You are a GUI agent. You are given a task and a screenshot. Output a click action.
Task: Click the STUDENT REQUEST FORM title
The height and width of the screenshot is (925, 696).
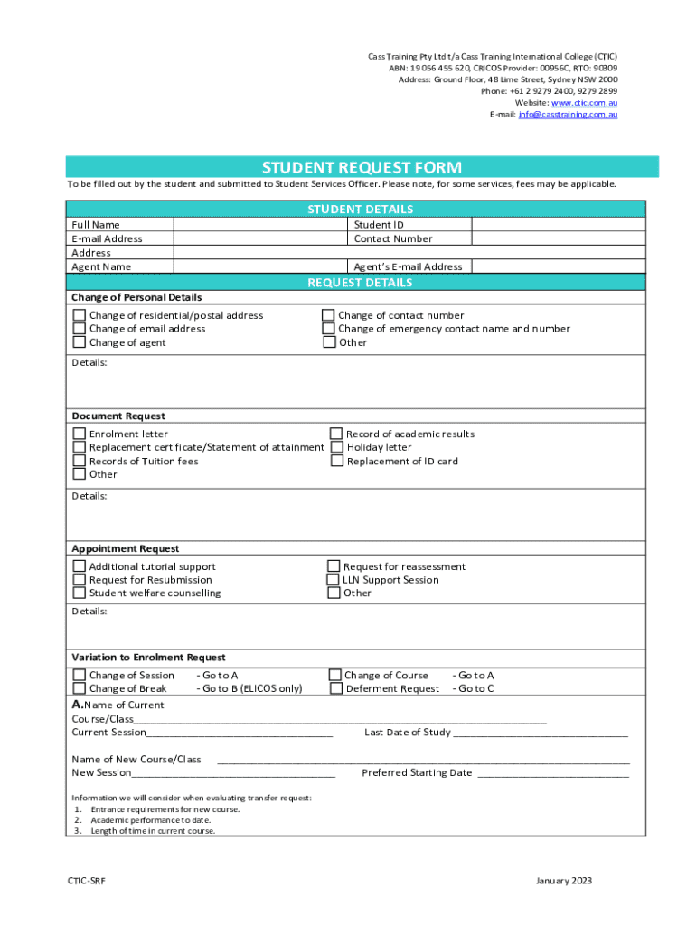pos(362,167)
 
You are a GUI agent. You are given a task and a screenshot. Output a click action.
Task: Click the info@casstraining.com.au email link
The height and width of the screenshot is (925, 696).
pos(568,115)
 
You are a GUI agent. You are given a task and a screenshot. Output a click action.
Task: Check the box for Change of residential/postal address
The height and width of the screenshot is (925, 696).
pos(80,315)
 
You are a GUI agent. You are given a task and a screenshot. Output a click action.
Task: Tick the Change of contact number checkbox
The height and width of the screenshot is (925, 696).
pos(329,315)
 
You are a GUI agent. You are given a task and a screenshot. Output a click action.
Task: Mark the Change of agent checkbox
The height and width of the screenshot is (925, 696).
pos(80,342)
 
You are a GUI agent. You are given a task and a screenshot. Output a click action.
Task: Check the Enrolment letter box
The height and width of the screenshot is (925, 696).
pos(80,434)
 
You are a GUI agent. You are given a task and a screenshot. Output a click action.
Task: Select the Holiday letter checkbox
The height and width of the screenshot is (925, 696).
pos(336,447)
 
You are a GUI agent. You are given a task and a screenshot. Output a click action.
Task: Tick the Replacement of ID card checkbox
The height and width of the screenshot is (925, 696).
pos(336,461)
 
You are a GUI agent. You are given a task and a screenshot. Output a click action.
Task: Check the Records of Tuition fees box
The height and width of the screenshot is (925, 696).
pos(80,461)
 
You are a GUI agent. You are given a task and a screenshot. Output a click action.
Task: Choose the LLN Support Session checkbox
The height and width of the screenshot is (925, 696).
pos(334,580)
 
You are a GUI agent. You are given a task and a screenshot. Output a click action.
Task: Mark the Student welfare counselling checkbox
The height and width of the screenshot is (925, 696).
pos(80,593)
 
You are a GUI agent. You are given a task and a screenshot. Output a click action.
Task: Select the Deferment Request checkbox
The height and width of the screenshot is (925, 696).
pos(335,688)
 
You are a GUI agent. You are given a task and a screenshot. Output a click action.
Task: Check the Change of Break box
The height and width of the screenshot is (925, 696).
pos(80,688)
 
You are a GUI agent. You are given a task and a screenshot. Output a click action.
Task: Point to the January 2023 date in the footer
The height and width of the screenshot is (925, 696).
pos(564,881)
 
